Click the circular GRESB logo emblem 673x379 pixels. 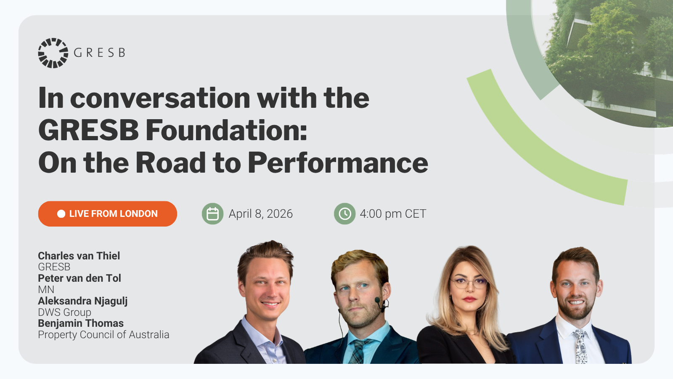tap(53, 53)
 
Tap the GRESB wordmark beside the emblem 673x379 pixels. tap(99, 53)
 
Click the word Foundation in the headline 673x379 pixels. tap(226, 131)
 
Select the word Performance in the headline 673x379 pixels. tap(338, 163)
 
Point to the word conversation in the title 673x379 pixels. tap(160, 99)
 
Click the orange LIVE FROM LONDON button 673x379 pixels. tap(108, 214)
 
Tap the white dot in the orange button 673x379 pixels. tap(61, 214)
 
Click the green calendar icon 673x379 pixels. tap(212, 214)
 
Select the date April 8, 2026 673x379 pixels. tap(260, 214)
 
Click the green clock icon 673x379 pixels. tap(344, 214)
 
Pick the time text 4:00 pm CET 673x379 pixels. tap(393, 214)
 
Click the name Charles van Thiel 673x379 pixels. tap(79, 256)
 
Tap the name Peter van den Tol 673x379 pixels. tap(79, 278)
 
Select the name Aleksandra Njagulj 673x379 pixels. tap(82, 301)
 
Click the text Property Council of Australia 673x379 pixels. tap(103, 334)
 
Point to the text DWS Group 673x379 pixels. tap(65, 312)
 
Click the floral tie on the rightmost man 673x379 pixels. tap(580, 346)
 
